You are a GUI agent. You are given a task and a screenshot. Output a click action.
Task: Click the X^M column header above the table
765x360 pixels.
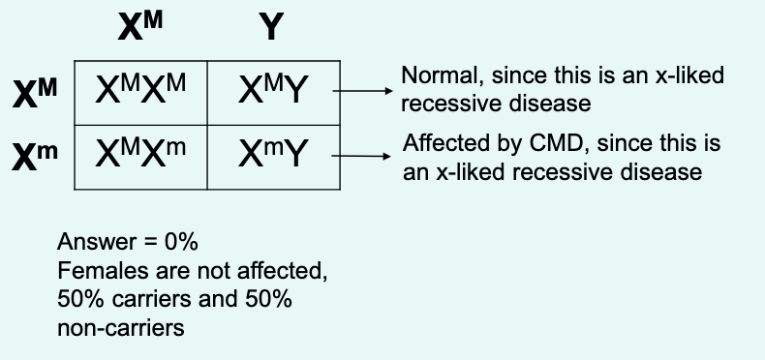pyautogui.click(x=139, y=26)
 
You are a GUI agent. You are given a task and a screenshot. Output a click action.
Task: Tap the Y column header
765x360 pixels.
pyautogui.click(x=272, y=28)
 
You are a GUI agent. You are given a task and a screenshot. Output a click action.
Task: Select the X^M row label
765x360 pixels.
pyautogui.click(x=36, y=94)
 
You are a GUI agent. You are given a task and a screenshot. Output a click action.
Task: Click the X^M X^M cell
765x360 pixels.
pyautogui.click(x=140, y=92)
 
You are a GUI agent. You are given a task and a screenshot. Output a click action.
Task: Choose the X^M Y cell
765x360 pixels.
pyautogui.click(x=272, y=92)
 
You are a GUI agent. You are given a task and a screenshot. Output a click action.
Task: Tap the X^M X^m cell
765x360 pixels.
pyautogui.click(x=140, y=155)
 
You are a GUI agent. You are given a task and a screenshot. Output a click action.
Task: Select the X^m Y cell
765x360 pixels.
pyautogui.click(x=272, y=155)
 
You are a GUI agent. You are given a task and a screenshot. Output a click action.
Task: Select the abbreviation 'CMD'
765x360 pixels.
pyautogui.click(x=550, y=146)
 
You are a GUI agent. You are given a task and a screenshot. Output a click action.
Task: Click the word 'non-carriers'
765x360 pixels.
pyautogui.click(x=120, y=327)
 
